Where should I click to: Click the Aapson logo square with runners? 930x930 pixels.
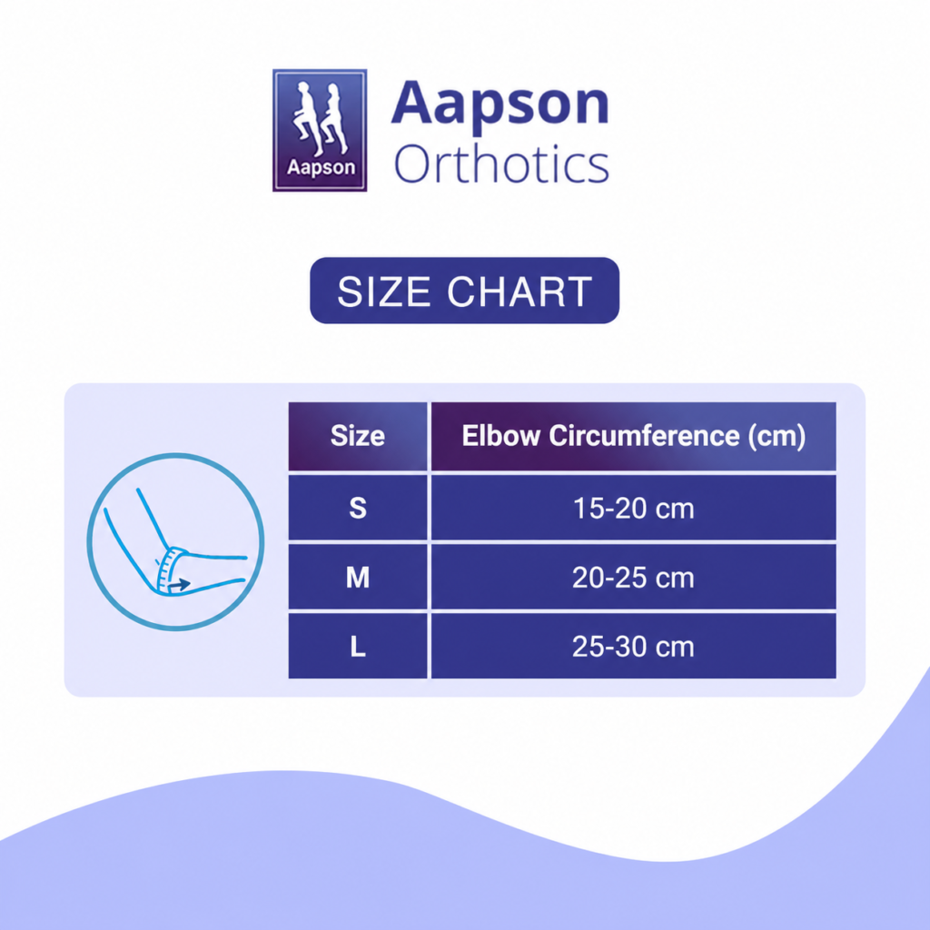click(320, 130)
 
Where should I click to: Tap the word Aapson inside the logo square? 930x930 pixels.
click(321, 167)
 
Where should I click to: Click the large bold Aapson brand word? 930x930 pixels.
click(500, 104)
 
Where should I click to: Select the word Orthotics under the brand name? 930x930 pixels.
click(501, 163)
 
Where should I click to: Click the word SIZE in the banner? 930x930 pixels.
click(384, 292)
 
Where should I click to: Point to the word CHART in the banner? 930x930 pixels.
click(519, 292)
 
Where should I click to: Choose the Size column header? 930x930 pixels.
click(358, 436)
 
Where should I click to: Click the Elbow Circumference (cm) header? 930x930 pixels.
click(633, 436)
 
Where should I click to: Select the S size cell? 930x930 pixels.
click(358, 508)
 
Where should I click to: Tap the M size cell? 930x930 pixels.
click(358, 577)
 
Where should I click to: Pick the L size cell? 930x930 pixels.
click(358, 646)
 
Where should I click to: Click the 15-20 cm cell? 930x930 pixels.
click(633, 508)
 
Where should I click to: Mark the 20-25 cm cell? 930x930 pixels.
click(633, 577)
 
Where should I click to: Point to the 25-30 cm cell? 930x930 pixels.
click(633, 646)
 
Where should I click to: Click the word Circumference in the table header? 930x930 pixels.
click(644, 436)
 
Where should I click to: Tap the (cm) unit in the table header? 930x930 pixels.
click(777, 437)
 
